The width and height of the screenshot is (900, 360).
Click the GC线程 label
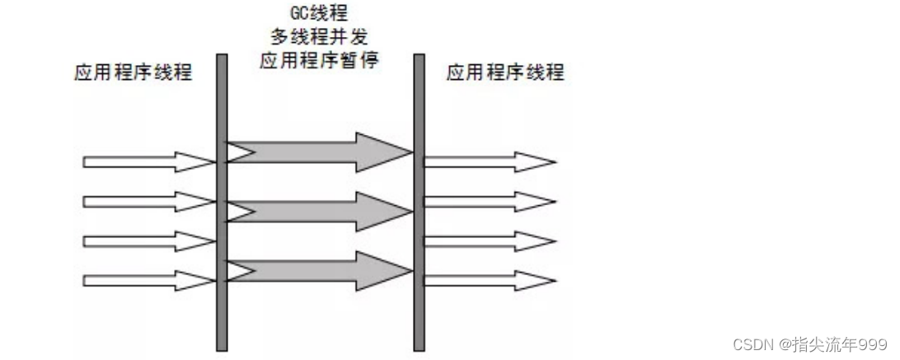pos(317,14)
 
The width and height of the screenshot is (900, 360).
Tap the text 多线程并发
pos(318,37)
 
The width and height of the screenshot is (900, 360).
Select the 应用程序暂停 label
pos(318,60)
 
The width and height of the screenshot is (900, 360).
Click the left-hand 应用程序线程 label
pos(133,72)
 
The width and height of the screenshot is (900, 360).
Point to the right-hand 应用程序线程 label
pos(505,72)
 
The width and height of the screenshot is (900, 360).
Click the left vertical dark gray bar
pos(221,202)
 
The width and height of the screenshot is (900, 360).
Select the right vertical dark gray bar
pos(419,202)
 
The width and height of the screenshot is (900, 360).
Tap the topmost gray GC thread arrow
pos(318,151)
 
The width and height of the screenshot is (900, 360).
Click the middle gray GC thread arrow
pos(318,212)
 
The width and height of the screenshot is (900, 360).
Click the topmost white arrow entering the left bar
pos(148,161)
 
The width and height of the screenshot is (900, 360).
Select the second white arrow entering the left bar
pos(148,201)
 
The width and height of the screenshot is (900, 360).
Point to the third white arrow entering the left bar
pos(148,241)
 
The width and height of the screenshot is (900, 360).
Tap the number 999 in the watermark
pos(873,344)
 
